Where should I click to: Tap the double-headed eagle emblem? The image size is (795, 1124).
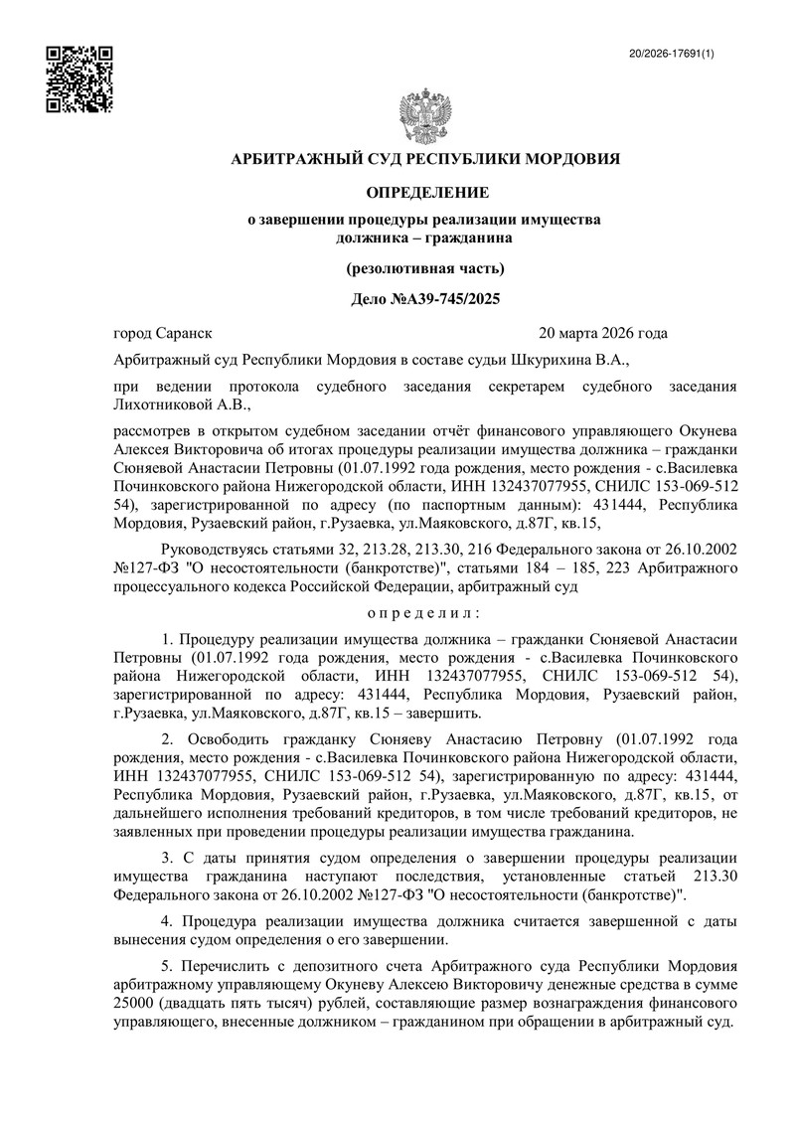click(424, 117)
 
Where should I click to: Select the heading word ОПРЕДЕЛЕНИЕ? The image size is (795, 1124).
click(424, 191)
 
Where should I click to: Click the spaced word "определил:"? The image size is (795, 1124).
click(424, 611)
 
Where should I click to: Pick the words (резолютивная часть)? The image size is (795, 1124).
click(424, 268)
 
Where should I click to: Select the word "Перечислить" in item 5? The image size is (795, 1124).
click(228, 966)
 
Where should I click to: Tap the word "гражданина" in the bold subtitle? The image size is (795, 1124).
click(468, 237)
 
